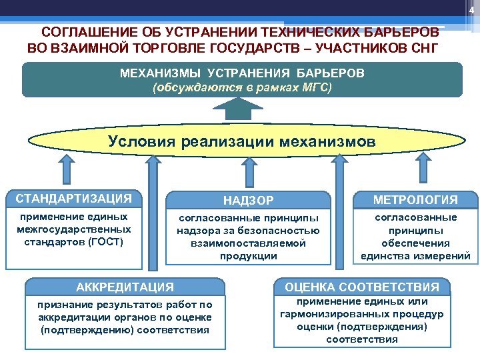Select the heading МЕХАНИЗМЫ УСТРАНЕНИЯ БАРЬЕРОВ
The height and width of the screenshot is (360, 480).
[x=242, y=73]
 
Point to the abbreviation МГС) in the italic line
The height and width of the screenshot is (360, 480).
[x=316, y=87]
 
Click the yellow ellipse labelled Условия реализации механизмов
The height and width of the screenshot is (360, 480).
[x=241, y=141]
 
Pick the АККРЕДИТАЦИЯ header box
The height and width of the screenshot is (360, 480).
[x=125, y=287]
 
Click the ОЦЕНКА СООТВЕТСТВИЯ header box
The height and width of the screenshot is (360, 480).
[x=362, y=287]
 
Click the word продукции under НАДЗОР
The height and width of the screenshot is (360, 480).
[x=248, y=255]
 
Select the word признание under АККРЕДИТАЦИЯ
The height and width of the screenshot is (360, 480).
[x=67, y=305]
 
